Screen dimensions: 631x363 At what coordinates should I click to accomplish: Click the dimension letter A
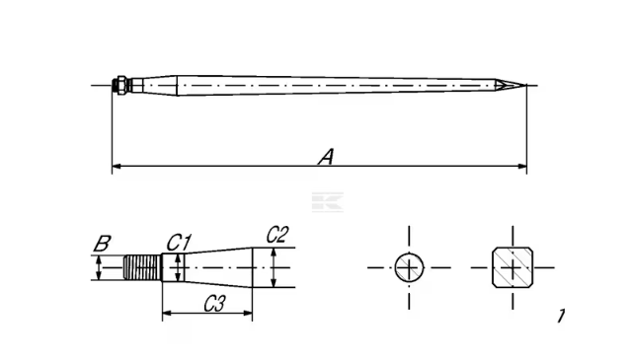click(327, 157)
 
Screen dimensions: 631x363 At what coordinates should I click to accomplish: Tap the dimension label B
click(103, 244)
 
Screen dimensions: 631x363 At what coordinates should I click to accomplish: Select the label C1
click(179, 243)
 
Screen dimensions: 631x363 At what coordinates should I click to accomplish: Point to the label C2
click(277, 235)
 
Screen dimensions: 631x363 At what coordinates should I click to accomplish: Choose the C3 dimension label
click(214, 304)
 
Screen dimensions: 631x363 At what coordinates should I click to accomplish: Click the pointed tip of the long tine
click(525, 85)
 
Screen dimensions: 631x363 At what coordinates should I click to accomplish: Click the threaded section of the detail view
click(142, 267)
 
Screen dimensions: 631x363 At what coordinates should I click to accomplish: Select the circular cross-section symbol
click(409, 267)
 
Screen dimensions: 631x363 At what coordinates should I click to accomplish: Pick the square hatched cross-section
click(513, 267)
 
